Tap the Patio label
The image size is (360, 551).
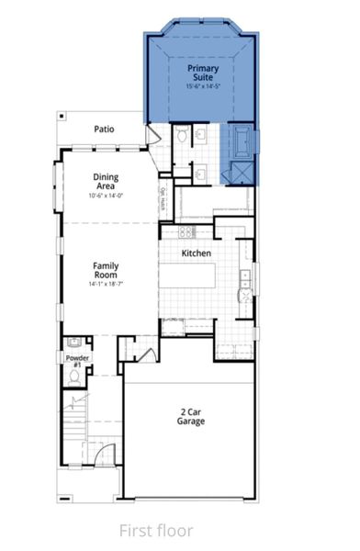pyautogui.click(x=104, y=129)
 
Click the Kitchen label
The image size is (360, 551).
pyautogui.click(x=197, y=253)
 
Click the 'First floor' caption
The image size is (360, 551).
pyautogui.click(x=155, y=529)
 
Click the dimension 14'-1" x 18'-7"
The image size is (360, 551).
pyautogui.click(x=106, y=285)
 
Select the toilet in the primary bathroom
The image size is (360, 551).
pyautogui.click(x=182, y=137)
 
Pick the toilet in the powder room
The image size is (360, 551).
pyautogui.click(x=74, y=377)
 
